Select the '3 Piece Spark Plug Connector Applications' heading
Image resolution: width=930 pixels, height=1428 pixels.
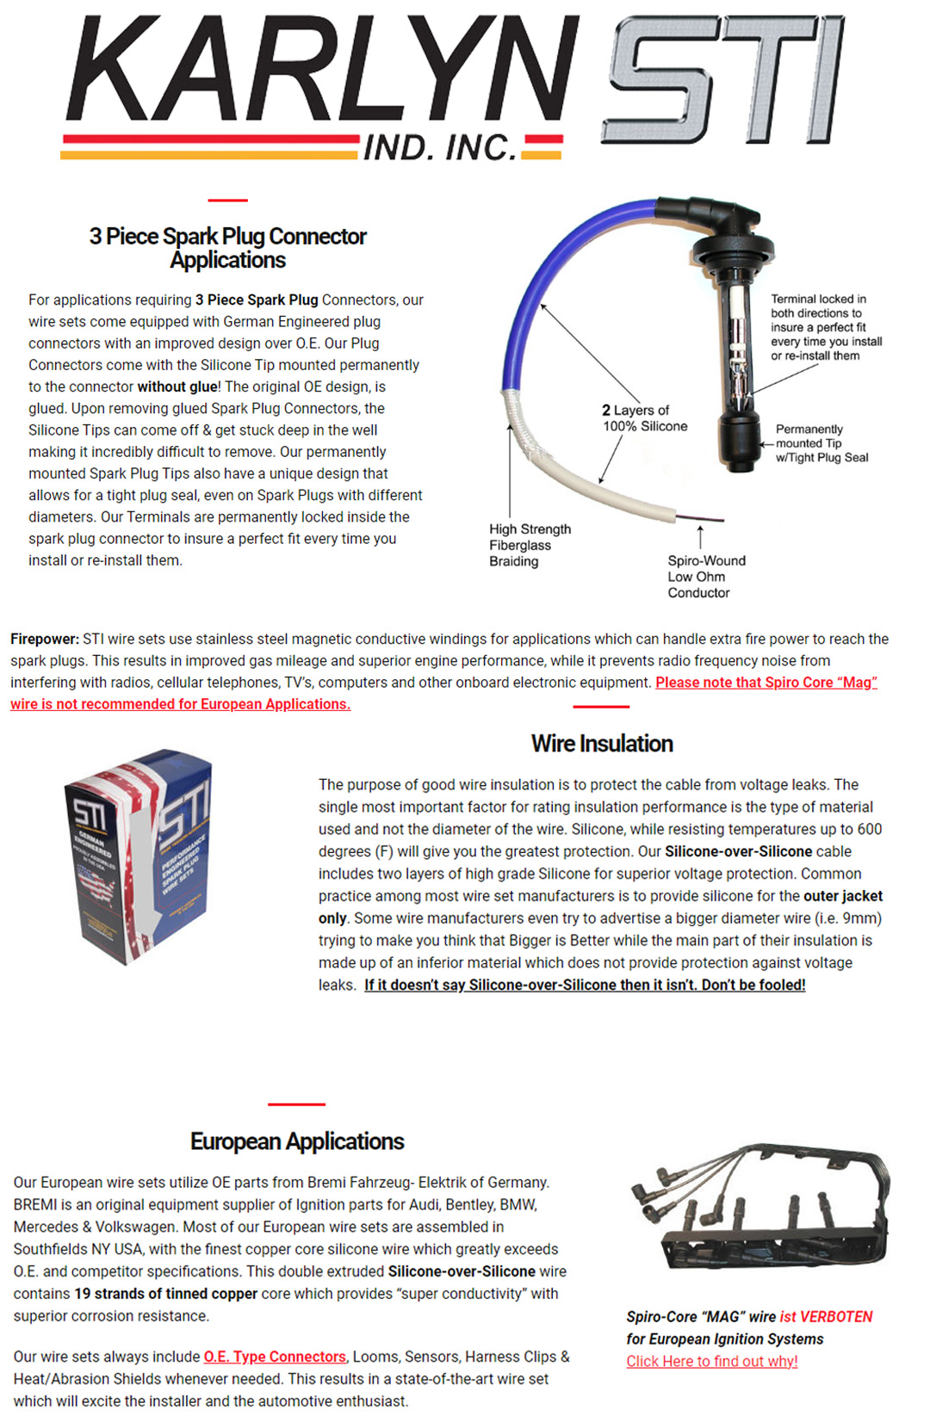point(228,248)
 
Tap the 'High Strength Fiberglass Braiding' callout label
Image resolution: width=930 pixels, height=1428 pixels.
point(530,545)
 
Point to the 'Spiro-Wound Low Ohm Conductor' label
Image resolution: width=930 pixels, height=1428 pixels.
point(706,576)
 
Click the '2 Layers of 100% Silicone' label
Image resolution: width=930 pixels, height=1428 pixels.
point(645,417)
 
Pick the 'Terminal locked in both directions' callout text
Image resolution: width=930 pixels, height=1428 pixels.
point(826,327)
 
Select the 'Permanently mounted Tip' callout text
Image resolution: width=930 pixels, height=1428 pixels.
point(821,443)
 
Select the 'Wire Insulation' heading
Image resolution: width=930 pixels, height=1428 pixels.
point(602,744)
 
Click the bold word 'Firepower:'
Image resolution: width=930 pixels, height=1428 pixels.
point(45,639)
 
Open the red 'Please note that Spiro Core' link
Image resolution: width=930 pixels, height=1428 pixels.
point(766,683)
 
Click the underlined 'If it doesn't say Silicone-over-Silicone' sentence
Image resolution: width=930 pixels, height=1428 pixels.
point(585,985)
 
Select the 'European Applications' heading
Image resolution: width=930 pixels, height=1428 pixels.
point(297,1141)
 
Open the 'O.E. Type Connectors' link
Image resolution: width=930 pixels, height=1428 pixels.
point(275,1357)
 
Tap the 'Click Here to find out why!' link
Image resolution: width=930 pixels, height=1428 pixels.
point(712,1361)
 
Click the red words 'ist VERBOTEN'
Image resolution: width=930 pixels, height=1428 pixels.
point(826,1316)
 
